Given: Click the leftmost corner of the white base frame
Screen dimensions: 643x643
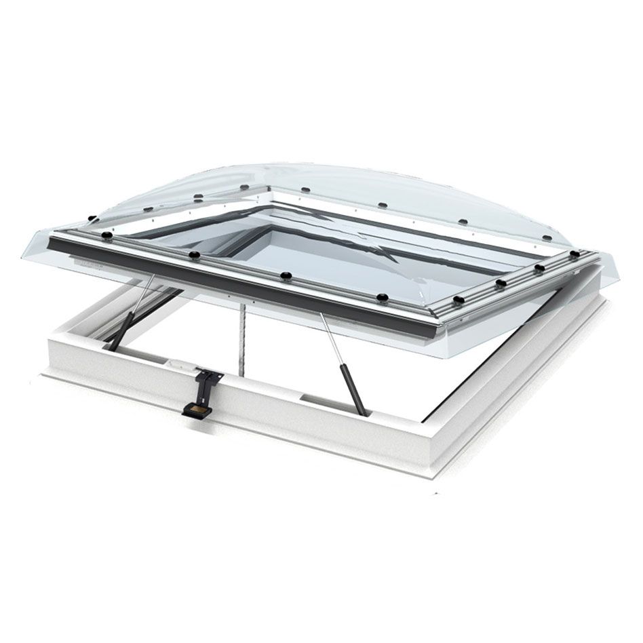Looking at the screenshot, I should coord(45,370).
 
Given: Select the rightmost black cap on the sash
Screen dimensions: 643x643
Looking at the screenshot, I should coord(574,254).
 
